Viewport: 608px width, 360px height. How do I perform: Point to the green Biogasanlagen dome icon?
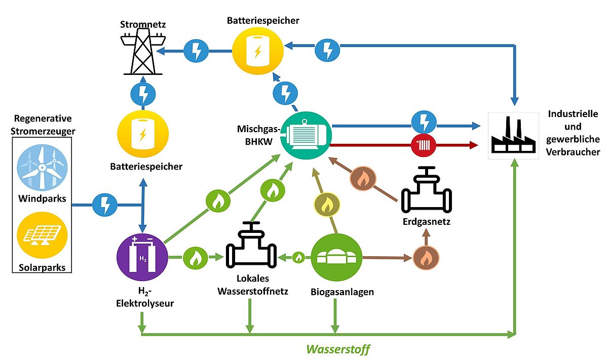335,258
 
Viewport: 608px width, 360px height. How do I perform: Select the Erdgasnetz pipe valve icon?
426,192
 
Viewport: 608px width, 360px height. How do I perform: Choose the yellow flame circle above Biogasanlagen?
326,206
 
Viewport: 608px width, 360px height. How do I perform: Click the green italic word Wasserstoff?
337,349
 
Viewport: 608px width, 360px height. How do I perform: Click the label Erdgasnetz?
427,221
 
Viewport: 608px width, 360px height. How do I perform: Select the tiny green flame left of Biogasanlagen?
298,258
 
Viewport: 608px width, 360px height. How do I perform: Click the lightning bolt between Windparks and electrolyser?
105,205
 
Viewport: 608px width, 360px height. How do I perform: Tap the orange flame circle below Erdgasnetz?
426,257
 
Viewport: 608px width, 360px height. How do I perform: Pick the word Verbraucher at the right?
574,152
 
